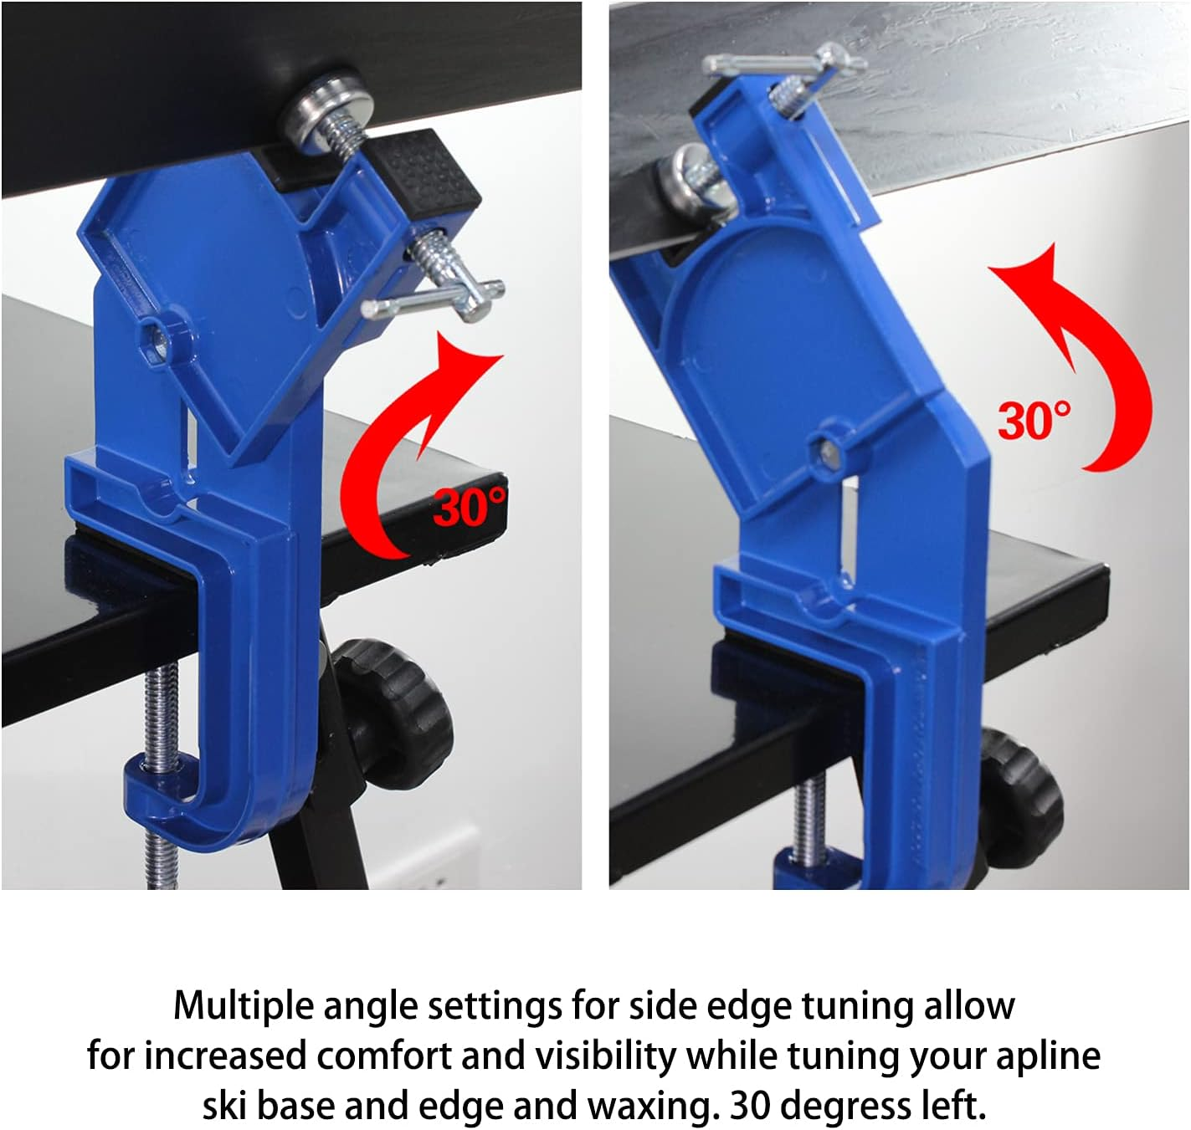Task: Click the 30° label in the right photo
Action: coord(1034,421)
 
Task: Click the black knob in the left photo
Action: coord(394,712)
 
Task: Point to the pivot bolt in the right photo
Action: coord(829,452)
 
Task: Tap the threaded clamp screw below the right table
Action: coord(809,820)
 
